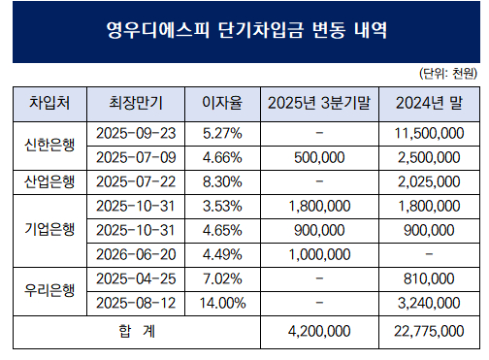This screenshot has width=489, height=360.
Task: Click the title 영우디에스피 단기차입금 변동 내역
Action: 244,31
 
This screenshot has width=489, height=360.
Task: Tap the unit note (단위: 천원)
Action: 447,74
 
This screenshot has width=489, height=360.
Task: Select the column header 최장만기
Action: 124,102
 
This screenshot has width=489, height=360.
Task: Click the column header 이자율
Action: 220,102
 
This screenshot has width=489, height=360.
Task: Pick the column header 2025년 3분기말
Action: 319,102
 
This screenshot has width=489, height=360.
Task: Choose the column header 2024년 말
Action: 430,102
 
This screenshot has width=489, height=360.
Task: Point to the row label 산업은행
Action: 49,180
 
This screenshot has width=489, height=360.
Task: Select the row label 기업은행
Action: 49,229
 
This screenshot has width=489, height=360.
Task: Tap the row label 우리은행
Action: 49,290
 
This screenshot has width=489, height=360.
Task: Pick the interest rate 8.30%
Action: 220,180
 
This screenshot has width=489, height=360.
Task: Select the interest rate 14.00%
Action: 220,303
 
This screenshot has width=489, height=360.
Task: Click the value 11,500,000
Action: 430,132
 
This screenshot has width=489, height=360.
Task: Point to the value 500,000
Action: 319,156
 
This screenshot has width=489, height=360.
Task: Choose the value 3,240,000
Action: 430,303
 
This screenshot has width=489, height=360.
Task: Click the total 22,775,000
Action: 430,331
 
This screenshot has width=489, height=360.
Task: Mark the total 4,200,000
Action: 319,331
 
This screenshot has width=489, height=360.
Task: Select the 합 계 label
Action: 136,331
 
